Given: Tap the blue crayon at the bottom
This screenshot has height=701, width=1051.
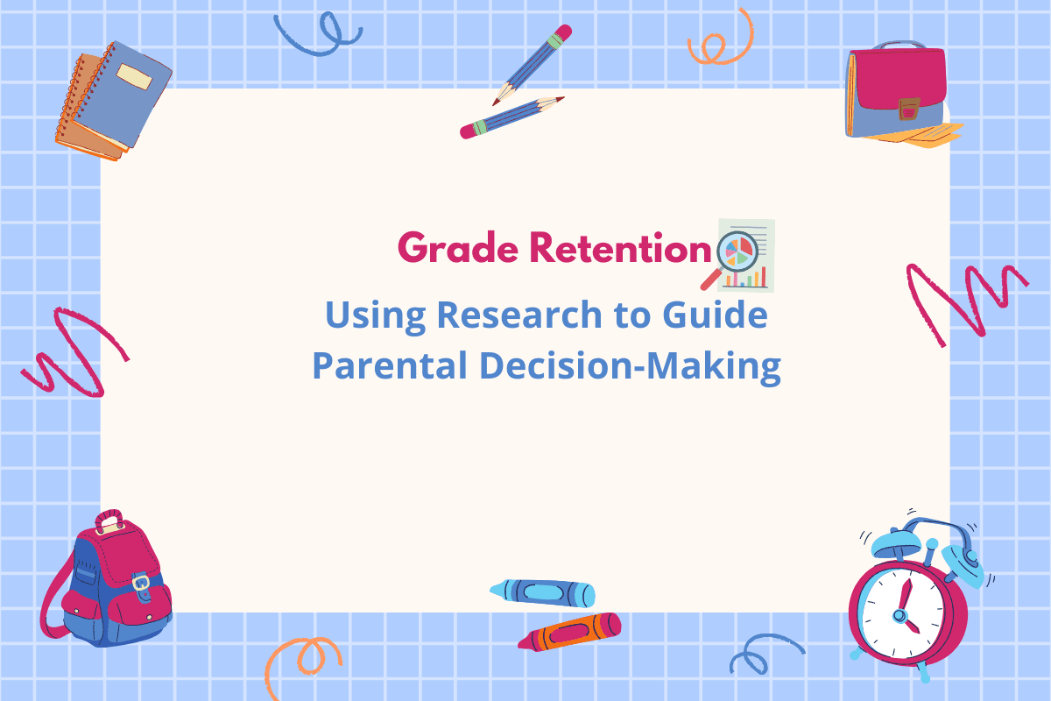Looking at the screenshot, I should click(x=543, y=592).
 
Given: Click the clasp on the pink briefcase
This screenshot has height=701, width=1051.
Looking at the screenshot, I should click(x=909, y=109).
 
